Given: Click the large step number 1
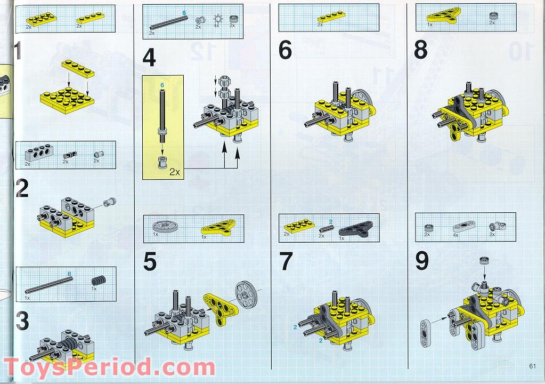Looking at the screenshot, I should pos(18,52).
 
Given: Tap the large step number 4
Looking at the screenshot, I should pos(149,58).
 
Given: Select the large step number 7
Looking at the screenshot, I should pos(286,261).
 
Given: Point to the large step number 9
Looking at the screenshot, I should pos(422,261).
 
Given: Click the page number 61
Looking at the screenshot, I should pos(532,365).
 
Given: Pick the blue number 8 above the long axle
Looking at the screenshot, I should pos(69,275).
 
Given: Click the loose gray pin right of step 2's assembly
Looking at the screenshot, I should pos(110,202).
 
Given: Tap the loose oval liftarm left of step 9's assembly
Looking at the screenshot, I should pos(425,333).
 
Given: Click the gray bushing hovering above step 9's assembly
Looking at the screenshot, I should pos(484,261).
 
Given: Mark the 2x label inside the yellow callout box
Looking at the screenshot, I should pos(174,172).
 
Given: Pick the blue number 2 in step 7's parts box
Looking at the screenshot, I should pos(330,221).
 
